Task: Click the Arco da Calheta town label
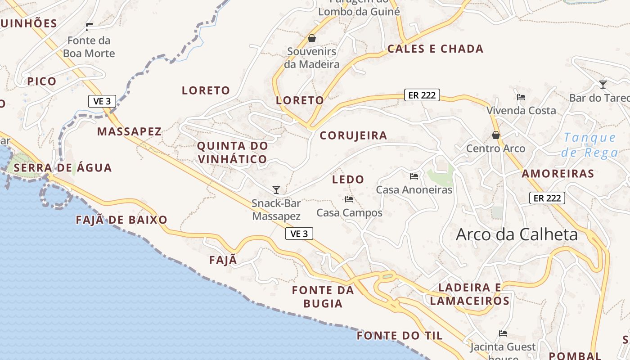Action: click(x=517, y=234)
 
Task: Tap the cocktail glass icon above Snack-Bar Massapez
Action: click(x=276, y=190)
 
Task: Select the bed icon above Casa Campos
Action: click(x=349, y=199)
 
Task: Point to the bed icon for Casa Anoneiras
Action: click(x=414, y=176)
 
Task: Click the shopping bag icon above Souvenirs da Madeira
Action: click(x=312, y=39)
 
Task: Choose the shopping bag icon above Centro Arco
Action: click(x=496, y=135)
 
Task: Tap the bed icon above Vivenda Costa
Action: click(x=521, y=97)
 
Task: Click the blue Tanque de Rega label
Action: click(x=590, y=145)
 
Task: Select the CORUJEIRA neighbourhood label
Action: click(x=353, y=135)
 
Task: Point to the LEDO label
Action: click(x=348, y=180)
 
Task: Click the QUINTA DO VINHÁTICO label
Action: click(x=232, y=153)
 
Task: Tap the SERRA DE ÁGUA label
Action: click(x=63, y=168)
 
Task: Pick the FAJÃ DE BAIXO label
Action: click(x=121, y=220)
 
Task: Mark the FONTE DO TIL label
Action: click(x=400, y=336)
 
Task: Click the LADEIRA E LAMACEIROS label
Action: click(x=470, y=294)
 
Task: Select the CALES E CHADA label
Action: click(x=435, y=49)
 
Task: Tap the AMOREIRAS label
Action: click(x=558, y=174)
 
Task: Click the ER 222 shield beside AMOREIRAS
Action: click(x=547, y=198)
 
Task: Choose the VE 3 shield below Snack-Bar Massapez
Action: click(x=299, y=234)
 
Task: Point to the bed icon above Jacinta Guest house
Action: click(x=503, y=333)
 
